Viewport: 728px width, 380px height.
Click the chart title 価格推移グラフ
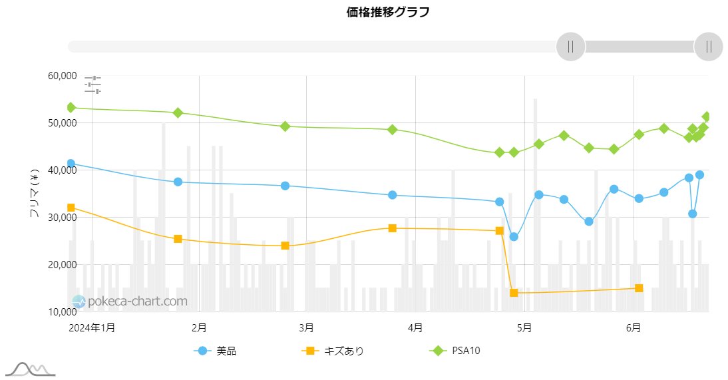tap(388, 12)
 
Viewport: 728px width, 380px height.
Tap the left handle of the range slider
tap(570, 47)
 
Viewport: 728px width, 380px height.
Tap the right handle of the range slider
tap(708, 47)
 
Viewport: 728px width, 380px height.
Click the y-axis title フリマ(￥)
tap(35, 193)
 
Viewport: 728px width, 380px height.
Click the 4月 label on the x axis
tap(415, 327)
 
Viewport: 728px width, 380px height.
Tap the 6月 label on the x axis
tap(634, 327)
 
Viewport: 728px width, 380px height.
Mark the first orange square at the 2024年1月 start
tap(71, 208)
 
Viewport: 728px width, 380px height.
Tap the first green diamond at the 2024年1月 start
tap(71, 108)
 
